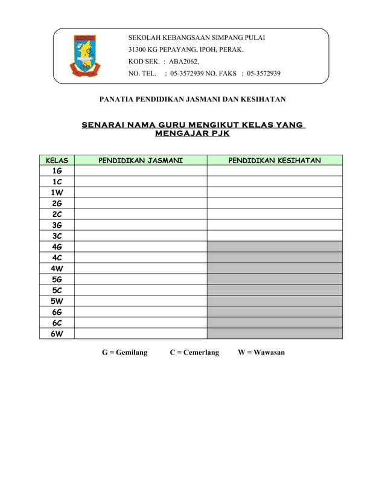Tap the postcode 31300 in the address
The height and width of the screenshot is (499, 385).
139,50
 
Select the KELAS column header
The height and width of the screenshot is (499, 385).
57,160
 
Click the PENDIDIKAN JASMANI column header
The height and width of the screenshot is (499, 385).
141,160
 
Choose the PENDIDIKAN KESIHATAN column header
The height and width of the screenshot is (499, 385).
275,160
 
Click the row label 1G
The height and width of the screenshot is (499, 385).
57,171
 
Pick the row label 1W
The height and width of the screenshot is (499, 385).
57,193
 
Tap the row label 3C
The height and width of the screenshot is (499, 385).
57,236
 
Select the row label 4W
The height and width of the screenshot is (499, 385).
57,269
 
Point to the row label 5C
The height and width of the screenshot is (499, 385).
57,291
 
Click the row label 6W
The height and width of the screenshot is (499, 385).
57,333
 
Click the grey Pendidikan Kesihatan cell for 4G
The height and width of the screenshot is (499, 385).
275,247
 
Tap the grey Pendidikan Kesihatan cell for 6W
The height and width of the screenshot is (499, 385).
275,333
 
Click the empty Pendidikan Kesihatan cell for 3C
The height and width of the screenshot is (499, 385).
275,236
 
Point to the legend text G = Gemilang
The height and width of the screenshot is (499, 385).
124,352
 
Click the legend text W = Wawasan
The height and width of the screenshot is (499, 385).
261,352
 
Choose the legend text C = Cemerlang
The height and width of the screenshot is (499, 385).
194,352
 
